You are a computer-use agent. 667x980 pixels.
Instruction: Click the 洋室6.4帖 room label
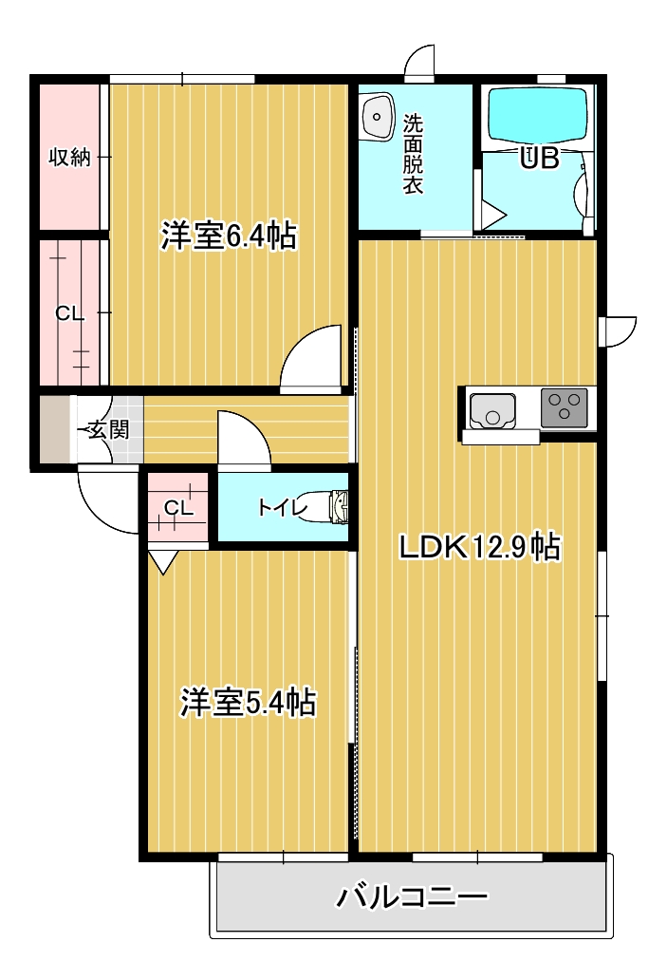[x=229, y=236]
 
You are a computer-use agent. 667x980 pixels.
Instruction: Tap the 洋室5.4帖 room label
[x=249, y=702]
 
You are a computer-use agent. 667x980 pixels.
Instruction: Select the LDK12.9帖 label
[x=480, y=548]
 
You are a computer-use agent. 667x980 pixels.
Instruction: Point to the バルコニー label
[x=412, y=897]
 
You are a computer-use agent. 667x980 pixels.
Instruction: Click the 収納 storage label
[x=70, y=157]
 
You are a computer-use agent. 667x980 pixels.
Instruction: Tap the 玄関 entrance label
[x=108, y=430]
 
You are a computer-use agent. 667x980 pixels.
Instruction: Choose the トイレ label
[x=283, y=507]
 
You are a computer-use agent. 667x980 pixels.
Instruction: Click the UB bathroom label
[x=540, y=159]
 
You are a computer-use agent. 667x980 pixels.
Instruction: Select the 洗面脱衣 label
[x=413, y=154]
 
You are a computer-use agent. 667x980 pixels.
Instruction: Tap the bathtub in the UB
[x=538, y=117]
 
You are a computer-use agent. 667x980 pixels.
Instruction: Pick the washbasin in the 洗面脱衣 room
[x=378, y=116]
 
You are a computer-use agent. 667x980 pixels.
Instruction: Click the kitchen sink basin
[x=492, y=410]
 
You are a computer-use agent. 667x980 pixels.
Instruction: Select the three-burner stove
[x=564, y=407]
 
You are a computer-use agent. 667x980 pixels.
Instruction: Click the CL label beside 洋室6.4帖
[x=69, y=313]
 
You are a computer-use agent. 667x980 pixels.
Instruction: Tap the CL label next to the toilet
[x=178, y=509]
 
